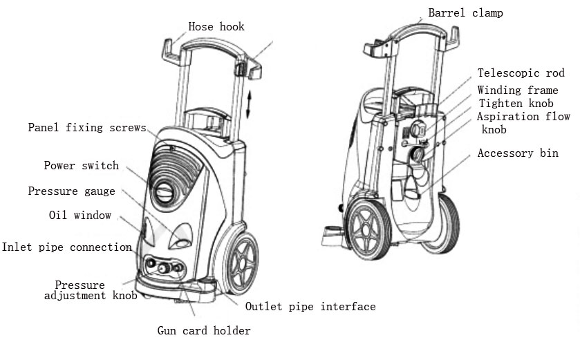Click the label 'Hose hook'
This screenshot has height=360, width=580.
[216, 27]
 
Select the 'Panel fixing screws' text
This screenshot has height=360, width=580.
[87, 128]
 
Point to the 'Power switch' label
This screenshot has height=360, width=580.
[81, 166]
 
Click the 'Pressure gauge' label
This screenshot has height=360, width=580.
[71, 191]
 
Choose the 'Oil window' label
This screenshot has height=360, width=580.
[79, 216]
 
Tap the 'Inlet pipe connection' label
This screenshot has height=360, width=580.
[66, 247]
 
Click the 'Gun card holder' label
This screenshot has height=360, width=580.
[203, 330]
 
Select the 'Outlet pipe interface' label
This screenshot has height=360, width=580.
[310, 306]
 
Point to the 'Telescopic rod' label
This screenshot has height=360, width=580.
[521, 73]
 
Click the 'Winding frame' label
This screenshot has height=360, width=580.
[518, 90]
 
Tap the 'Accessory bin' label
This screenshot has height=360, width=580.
[518, 153]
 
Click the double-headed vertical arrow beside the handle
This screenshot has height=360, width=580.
[250, 103]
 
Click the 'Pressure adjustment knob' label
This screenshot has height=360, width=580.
[90, 290]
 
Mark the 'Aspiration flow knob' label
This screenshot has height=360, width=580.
[523, 122]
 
